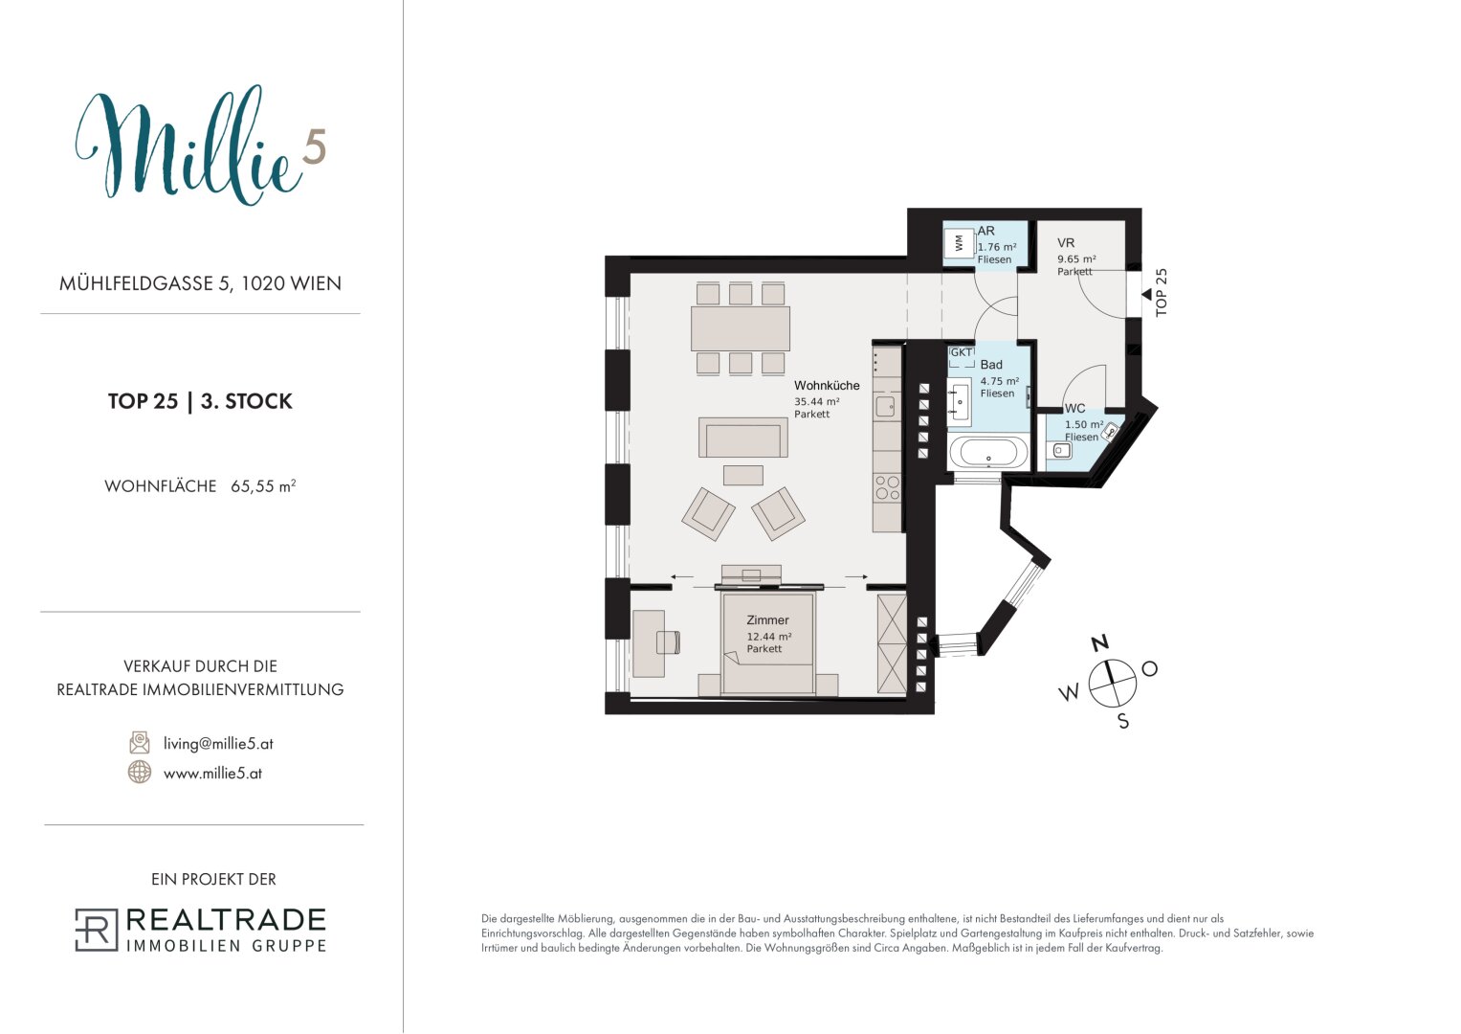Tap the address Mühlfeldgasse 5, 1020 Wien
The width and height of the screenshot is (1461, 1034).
[200, 283]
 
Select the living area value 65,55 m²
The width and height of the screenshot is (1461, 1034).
[263, 486]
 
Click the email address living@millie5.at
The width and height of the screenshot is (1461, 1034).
[218, 744]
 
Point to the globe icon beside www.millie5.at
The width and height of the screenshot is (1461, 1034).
[139, 772]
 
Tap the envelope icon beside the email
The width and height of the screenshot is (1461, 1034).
[140, 742]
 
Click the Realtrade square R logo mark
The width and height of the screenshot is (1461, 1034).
[97, 930]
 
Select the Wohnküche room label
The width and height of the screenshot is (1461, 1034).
[827, 385]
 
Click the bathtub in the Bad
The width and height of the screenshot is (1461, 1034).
[988, 452]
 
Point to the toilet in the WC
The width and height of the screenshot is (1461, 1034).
[1110, 430]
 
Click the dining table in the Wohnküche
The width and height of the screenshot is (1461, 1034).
[741, 328]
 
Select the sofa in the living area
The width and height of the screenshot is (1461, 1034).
[742, 437]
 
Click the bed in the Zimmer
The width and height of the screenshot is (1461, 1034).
[767, 643]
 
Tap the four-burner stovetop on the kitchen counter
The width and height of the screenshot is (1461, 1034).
[887, 488]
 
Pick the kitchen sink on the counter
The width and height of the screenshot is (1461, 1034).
[885, 406]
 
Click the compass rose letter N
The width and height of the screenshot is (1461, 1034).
[1100, 643]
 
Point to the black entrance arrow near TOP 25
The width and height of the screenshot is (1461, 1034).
[1146, 295]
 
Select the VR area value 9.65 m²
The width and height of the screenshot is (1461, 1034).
[1076, 258]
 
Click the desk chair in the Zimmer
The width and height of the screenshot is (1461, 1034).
[668, 641]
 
